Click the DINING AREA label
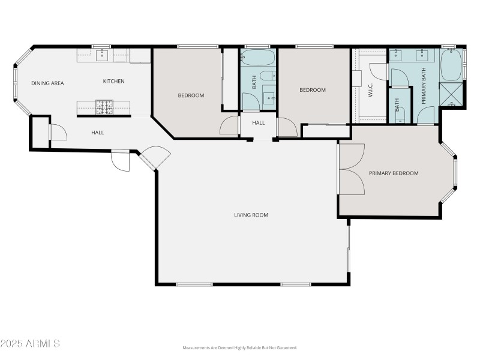pyautogui.click(x=47, y=83)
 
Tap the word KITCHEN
pyautogui.click(x=113, y=82)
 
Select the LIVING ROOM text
pyautogui.click(x=251, y=215)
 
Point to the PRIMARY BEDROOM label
pyautogui.click(x=394, y=173)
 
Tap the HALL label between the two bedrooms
pyautogui.click(x=258, y=123)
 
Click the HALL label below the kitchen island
pyautogui.click(x=98, y=133)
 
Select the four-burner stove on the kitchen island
pyautogui.click(x=104, y=107)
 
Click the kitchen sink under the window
pyautogui.click(x=101, y=56)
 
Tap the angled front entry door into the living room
pyautogui.click(x=155, y=157)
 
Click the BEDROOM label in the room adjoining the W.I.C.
pyautogui.click(x=313, y=90)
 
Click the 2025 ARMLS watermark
pyautogui.click(x=30, y=344)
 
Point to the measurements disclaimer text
pyautogui.click(x=240, y=348)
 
